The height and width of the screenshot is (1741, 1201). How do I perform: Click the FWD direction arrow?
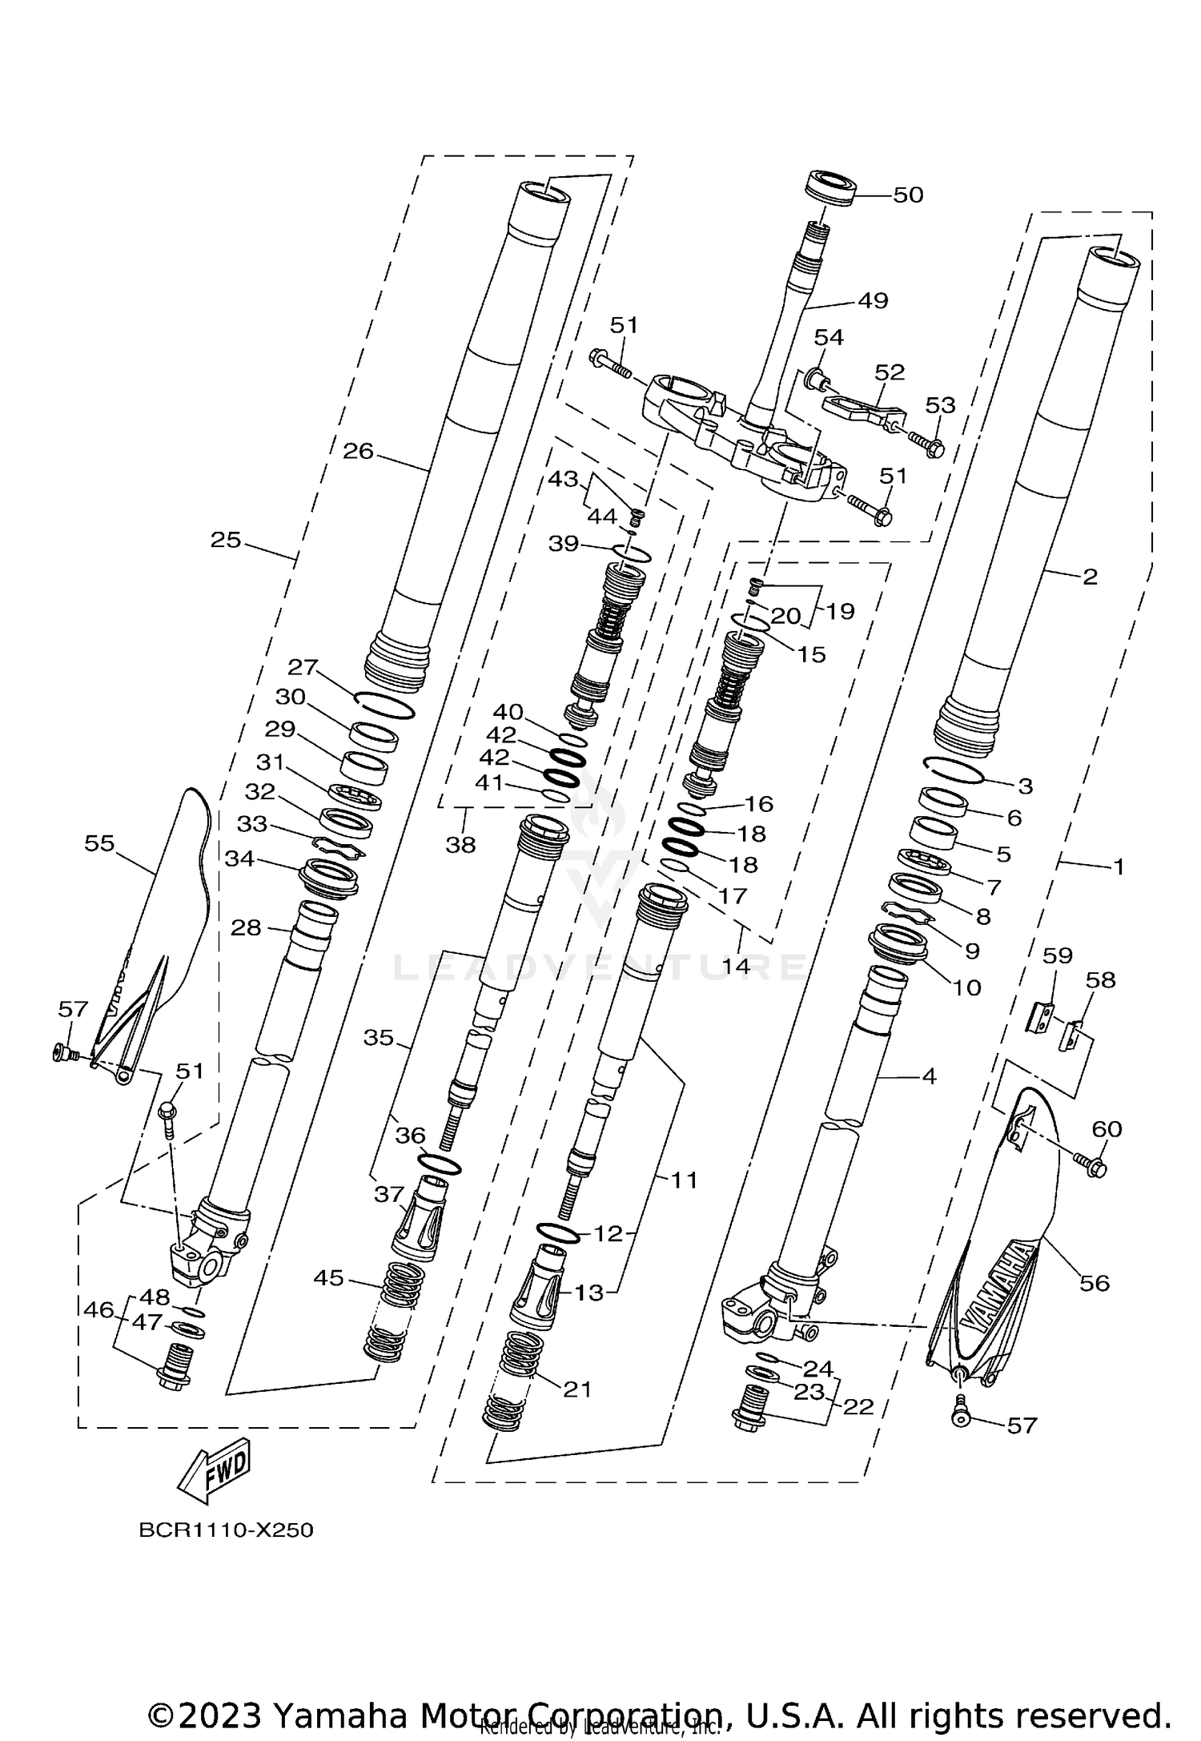pos(215,1471)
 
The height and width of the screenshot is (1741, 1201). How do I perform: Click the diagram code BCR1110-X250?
pos(226,1530)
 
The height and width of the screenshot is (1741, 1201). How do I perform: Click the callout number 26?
pos(358,452)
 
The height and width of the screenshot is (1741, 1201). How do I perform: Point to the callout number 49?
pos(873,301)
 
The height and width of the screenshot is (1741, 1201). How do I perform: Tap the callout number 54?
pos(829,337)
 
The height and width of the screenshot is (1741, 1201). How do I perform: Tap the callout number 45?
pos(329,1278)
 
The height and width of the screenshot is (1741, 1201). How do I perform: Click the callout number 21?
pos(576,1389)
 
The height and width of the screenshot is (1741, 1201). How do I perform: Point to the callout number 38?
pos(460,844)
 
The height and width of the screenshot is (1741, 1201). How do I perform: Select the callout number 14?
pos(736,966)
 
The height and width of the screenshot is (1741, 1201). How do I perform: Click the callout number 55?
pos(99,843)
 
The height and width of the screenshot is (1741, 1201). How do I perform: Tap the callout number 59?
pos(1057,955)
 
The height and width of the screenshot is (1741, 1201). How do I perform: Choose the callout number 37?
pos(389,1195)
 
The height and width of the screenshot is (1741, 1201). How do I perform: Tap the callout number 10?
pos(967,987)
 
